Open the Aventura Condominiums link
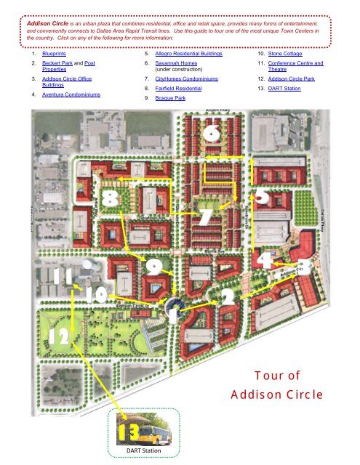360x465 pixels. pos(71,95)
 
